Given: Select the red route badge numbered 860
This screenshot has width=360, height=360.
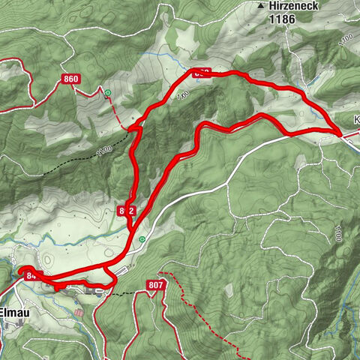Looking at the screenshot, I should (72, 79).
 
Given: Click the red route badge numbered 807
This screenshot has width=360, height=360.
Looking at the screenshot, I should (156, 285).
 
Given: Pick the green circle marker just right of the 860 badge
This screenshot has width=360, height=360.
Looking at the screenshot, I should (108, 92).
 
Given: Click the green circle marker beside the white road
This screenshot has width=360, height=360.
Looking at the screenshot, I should (142, 239).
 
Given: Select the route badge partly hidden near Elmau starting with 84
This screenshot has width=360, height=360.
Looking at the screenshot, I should (30, 276).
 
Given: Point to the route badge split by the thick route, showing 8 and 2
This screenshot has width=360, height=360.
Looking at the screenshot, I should (126, 211).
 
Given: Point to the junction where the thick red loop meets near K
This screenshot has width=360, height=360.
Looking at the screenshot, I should (340, 134).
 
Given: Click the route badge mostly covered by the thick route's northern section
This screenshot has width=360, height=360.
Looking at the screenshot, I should (201, 73).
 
